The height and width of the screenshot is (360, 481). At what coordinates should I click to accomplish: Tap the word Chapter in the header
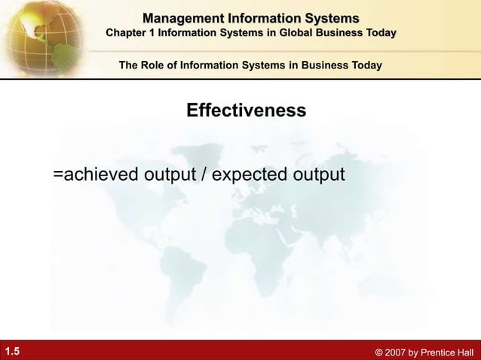129,33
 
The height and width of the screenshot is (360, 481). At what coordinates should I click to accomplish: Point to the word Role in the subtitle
155,66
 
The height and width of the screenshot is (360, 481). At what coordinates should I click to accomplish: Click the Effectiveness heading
246,111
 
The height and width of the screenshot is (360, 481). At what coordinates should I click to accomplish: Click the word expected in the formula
253,175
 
